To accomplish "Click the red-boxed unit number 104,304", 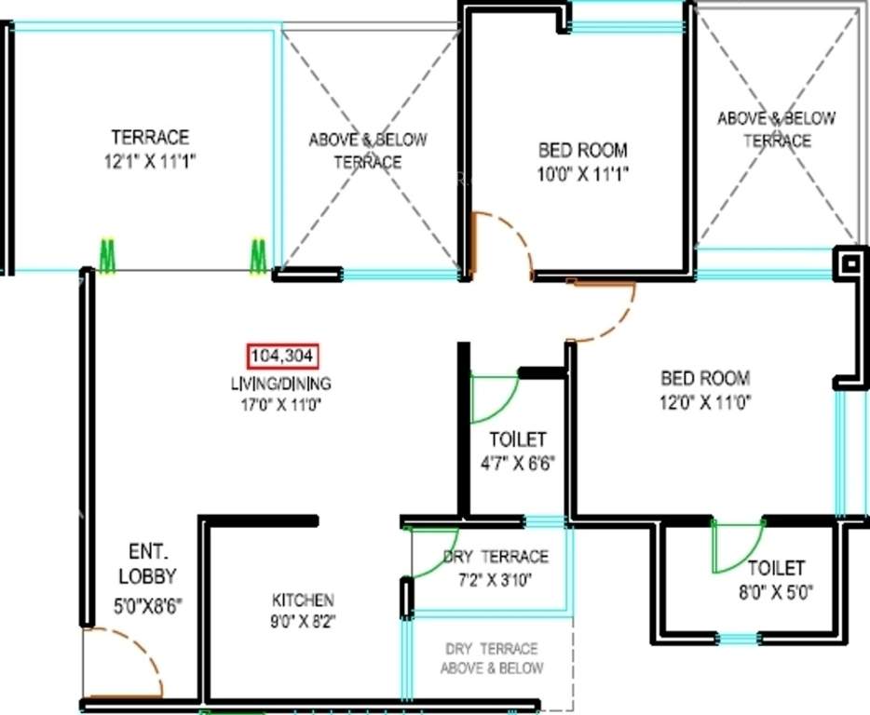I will coord(283,355).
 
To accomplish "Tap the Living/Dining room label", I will coord(281,383).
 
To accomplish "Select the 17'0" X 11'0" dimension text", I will coord(281,404).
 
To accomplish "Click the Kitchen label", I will coord(303,600).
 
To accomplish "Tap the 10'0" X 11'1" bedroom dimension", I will coord(583,173).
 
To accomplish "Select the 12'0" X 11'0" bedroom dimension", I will coord(705,402).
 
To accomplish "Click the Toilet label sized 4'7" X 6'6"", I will coord(518,439).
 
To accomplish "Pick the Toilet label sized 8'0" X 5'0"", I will coord(776,568).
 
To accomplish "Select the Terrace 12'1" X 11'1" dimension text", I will coord(150,160).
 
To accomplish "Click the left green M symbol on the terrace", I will coord(108,256).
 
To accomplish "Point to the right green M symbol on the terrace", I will coord(258,256).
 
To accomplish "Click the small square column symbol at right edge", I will coord(850,263).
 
